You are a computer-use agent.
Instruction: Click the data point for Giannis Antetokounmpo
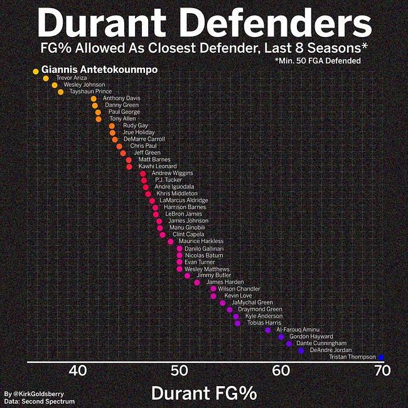click(x=36, y=72)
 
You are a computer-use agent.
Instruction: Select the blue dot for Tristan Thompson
click(x=380, y=357)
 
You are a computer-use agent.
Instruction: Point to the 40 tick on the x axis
click(x=78, y=372)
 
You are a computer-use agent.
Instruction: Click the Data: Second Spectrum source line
click(x=38, y=401)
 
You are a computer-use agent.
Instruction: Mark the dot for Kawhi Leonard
click(x=129, y=166)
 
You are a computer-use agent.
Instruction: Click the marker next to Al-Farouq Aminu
click(x=268, y=330)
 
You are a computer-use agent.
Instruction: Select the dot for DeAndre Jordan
click(x=301, y=350)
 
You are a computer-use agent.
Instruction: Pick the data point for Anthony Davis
click(x=94, y=99)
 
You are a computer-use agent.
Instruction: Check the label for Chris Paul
click(x=143, y=146)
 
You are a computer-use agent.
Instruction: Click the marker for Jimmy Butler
click(x=187, y=276)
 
